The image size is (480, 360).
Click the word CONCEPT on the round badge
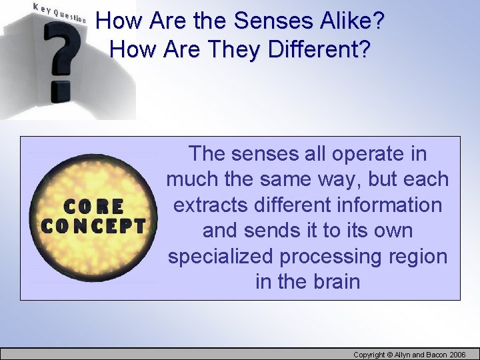(93, 225)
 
